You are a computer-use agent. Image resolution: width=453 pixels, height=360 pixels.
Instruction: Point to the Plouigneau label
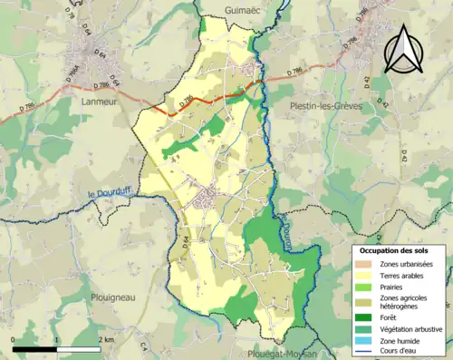pyautogui.click(x=113, y=296)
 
